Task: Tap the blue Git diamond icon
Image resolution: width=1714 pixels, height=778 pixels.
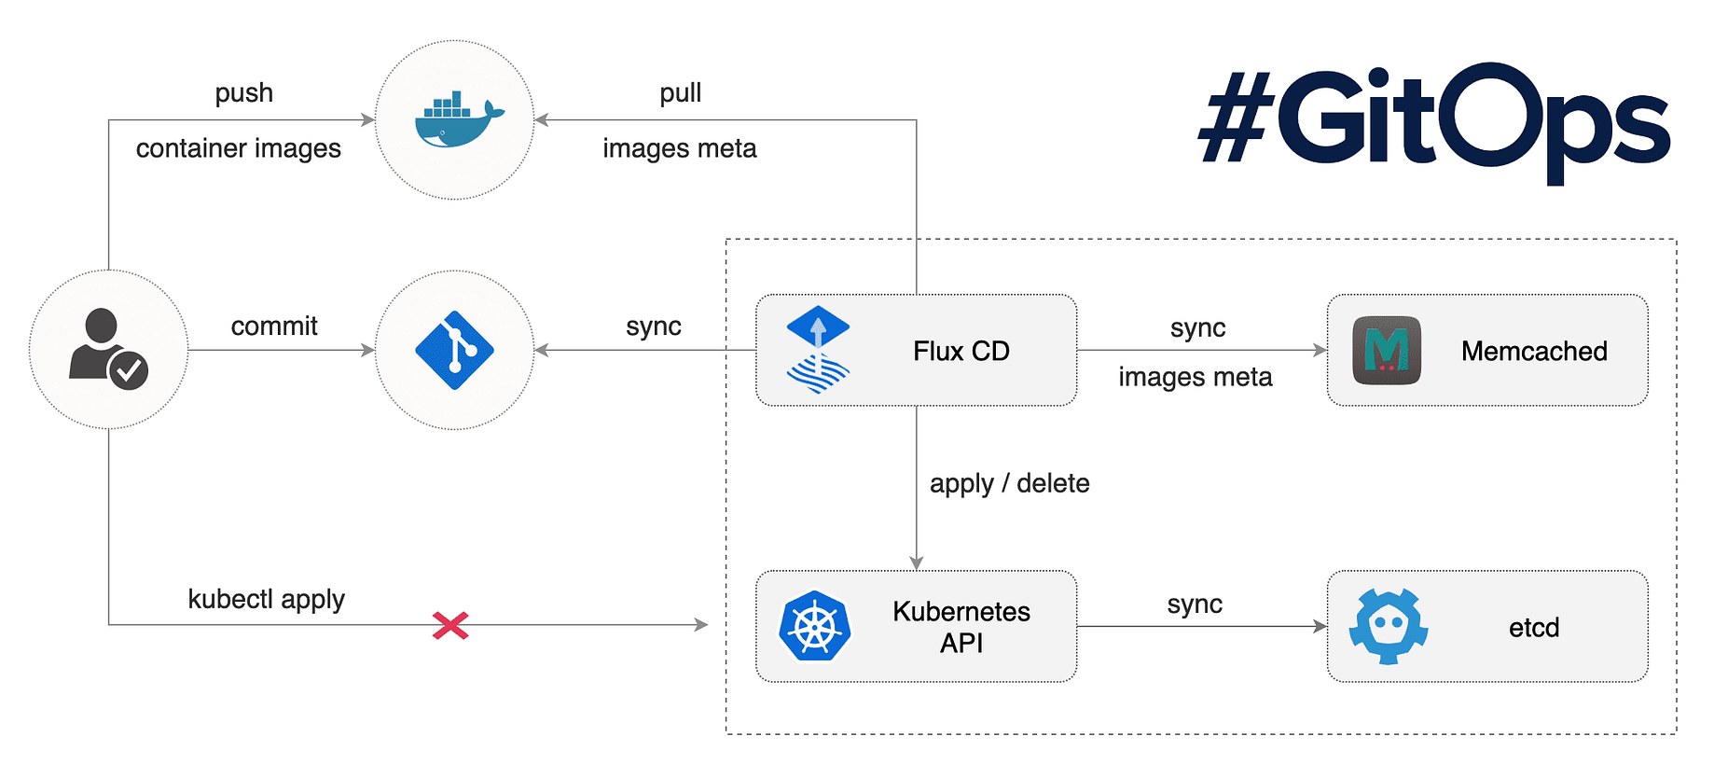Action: coord(454,350)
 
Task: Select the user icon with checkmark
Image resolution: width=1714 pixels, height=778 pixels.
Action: coord(107,350)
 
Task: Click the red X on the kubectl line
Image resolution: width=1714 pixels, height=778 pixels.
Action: coord(450,625)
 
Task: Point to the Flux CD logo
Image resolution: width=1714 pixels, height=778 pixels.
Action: coord(818,350)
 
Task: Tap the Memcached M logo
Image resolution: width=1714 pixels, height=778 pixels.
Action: coord(1387,351)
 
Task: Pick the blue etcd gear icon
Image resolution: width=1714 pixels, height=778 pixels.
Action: coord(1388,626)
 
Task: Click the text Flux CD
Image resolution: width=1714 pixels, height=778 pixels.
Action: coord(961,351)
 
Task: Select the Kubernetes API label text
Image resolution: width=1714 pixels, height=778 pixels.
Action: coord(961,627)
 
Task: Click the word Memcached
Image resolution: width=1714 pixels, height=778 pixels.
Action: coord(1534,351)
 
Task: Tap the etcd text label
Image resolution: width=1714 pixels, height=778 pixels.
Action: coord(1534,627)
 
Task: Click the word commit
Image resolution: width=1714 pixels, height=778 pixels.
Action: coord(274,326)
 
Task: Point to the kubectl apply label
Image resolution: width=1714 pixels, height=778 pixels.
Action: coord(266,599)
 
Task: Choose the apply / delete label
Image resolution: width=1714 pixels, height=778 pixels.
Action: coord(1009,483)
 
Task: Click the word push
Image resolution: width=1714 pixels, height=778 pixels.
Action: coord(243,93)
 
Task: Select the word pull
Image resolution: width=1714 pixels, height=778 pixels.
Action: coord(680,93)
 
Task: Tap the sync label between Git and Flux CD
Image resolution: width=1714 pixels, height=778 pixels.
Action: coord(653,326)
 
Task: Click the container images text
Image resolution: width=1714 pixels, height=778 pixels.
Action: coord(239,148)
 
